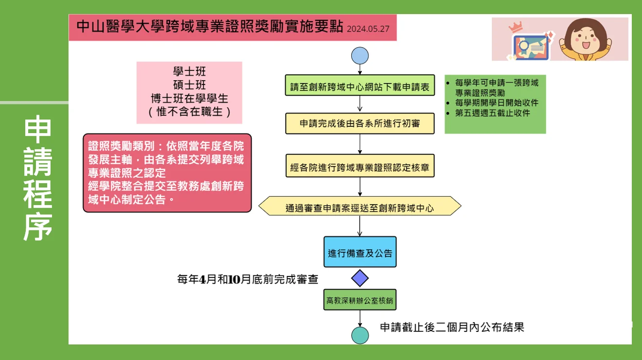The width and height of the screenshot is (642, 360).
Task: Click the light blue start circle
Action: [360, 55]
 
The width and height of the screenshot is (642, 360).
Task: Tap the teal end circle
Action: [360, 335]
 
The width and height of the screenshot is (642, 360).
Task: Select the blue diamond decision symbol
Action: [360, 278]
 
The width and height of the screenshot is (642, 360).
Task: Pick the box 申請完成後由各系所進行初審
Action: [360, 123]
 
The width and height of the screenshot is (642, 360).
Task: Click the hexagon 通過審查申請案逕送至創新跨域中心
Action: [360, 206]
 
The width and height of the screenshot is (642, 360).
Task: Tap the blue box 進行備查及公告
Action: [360, 252]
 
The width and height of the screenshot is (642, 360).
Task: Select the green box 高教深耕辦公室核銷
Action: [360, 300]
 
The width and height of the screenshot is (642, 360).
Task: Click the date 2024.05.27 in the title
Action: [368, 29]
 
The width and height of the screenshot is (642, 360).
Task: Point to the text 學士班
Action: [190, 72]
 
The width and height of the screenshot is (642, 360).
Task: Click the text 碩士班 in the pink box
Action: [190, 86]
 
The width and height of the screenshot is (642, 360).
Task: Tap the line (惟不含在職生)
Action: [190, 112]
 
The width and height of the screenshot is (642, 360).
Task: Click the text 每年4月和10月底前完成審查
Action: [248, 279]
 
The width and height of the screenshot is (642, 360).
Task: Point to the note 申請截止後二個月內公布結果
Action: [452, 327]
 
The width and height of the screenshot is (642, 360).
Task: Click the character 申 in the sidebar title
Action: [38, 129]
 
